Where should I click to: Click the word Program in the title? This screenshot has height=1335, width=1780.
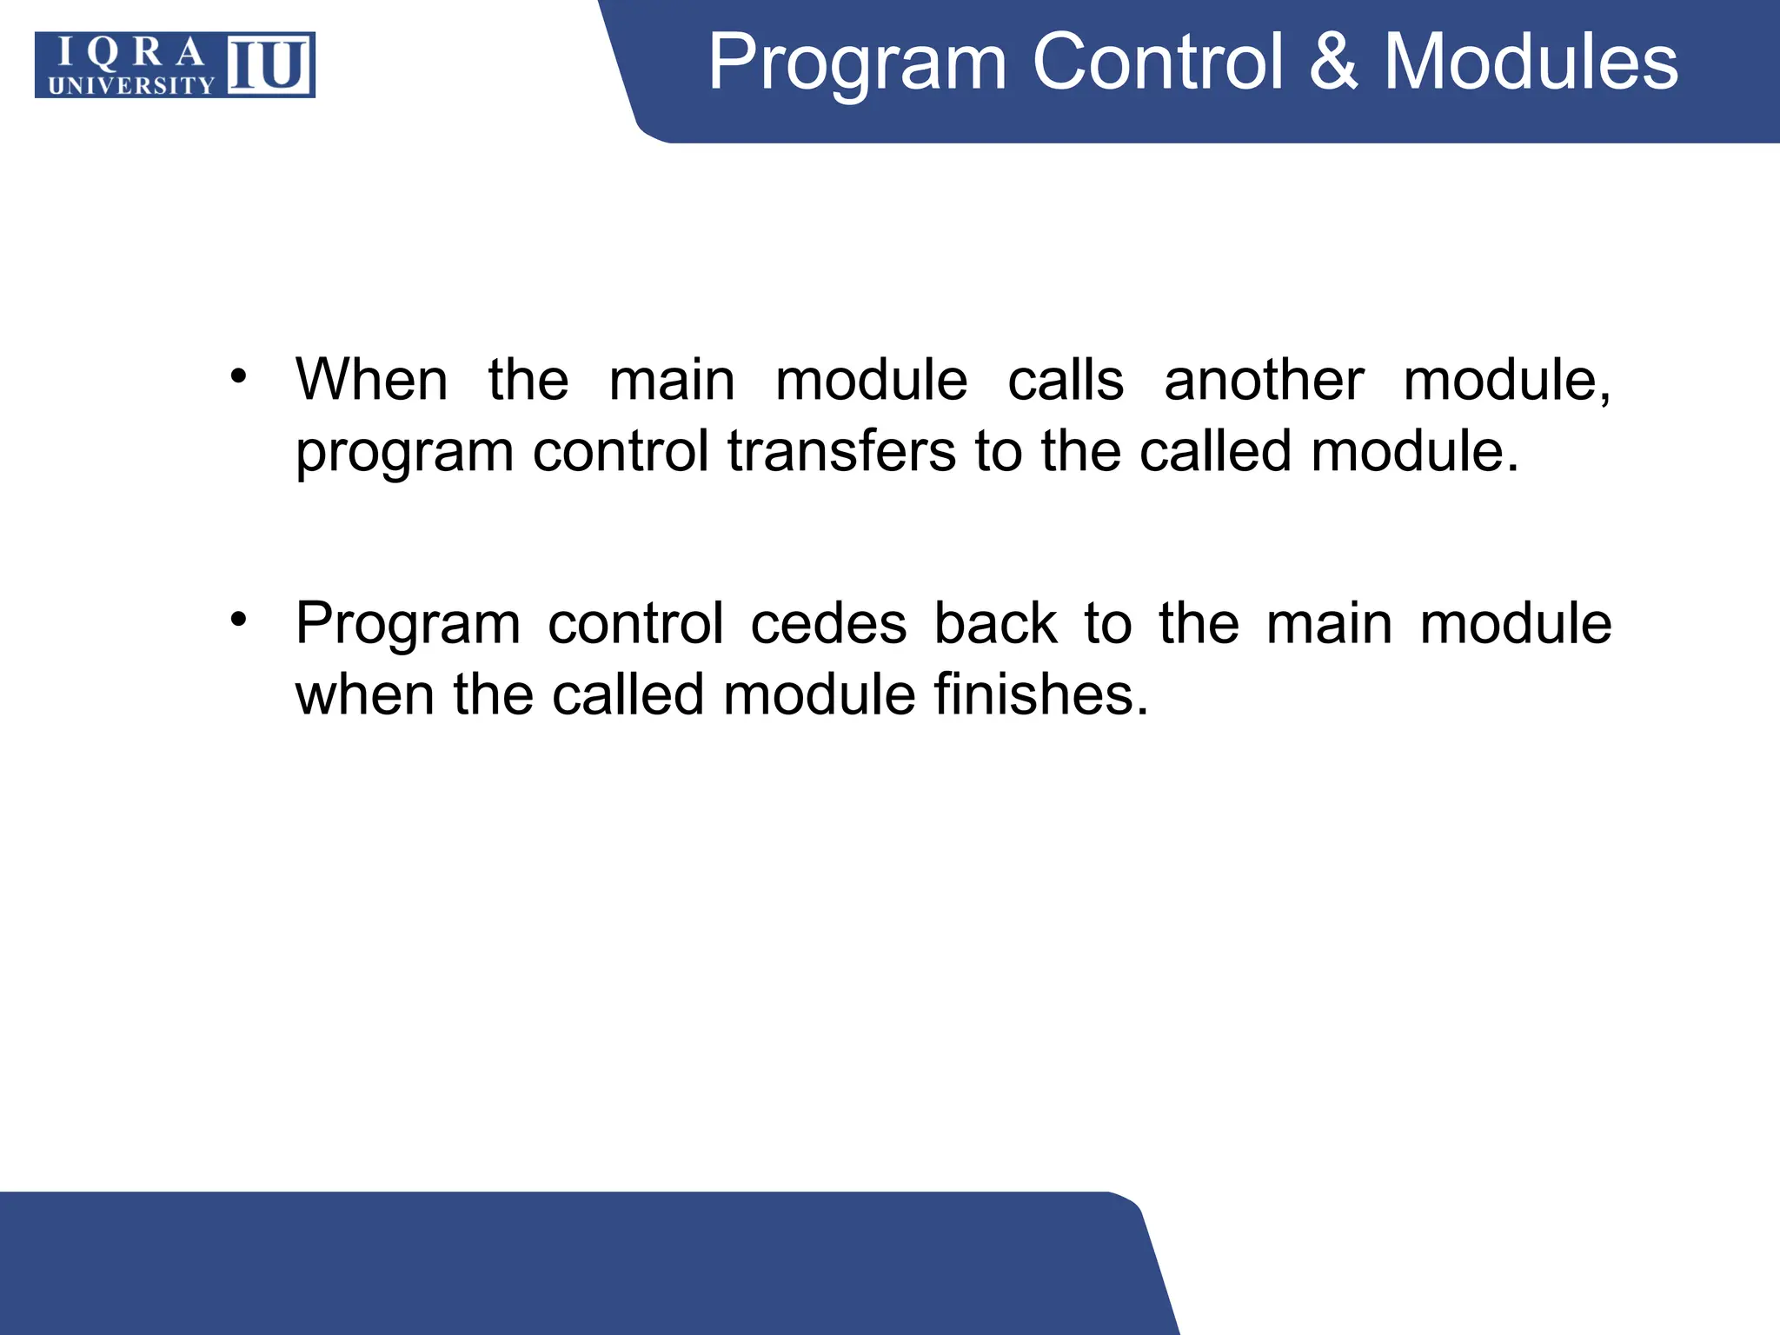[x=857, y=63]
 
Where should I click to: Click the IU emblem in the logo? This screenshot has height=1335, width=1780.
[x=269, y=65]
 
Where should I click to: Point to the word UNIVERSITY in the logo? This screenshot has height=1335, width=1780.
[x=131, y=85]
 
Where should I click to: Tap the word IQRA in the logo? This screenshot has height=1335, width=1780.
[x=131, y=54]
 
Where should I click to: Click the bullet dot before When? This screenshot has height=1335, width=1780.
[x=239, y=377]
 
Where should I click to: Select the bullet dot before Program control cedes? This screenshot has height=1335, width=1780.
[x=239, y=620]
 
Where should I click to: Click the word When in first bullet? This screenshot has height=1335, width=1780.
[x=372, y=380]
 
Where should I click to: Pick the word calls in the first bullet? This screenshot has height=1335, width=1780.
[x=1066, y=380]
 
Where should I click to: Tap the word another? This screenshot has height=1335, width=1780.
[x=1264, y=380]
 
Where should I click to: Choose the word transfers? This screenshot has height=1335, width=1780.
[x=841, y=451]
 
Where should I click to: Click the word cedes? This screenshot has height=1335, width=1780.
[x=828, y=623]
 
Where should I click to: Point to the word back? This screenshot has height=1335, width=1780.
[x=995, y=623]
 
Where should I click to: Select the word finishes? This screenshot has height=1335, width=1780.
[x=1040, y=694]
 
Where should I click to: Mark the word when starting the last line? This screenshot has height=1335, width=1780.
[x=365, y=694]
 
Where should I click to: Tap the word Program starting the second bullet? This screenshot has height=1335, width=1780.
[x=408, y=625]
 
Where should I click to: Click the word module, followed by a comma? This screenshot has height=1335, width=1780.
[x=1507, y=380]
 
